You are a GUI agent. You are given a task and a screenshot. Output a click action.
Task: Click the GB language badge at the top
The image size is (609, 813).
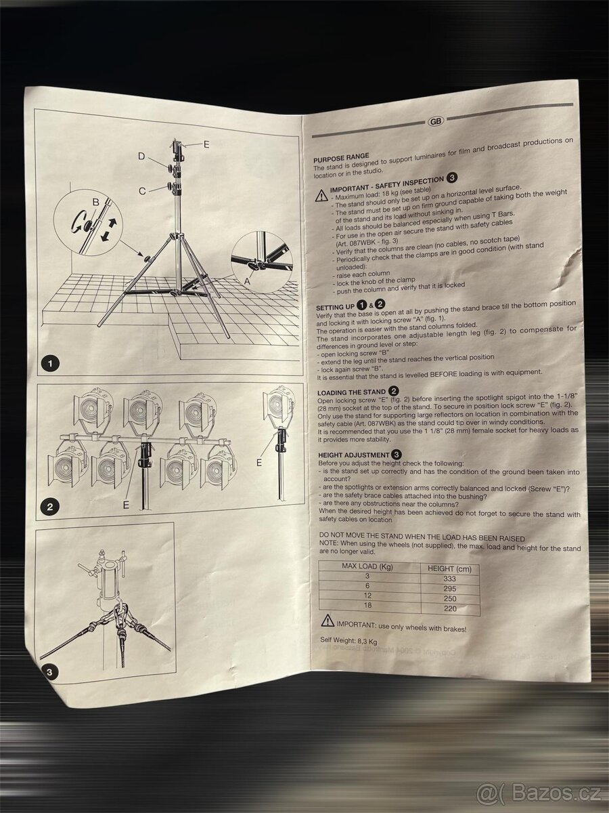click(436, 122)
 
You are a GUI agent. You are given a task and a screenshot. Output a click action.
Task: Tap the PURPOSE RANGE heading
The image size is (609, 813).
click(341, 157)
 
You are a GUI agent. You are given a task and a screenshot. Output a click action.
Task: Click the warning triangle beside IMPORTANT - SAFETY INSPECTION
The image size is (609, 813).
click(321, 195)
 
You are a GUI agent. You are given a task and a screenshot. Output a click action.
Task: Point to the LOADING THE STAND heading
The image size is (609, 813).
click(353, 392)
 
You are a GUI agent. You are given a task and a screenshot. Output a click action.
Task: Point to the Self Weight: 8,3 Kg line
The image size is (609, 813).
click(349, 640)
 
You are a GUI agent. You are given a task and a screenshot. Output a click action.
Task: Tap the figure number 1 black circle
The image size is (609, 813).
click(47, 364)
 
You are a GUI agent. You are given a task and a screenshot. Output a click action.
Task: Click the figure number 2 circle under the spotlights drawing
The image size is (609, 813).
click(47, 505)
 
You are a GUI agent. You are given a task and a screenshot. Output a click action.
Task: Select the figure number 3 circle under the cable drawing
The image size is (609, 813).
click(48, 672)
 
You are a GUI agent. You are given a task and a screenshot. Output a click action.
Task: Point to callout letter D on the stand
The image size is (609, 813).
click(141, 157)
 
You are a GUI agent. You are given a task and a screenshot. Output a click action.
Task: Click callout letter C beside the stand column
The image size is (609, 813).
click(142, 191)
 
